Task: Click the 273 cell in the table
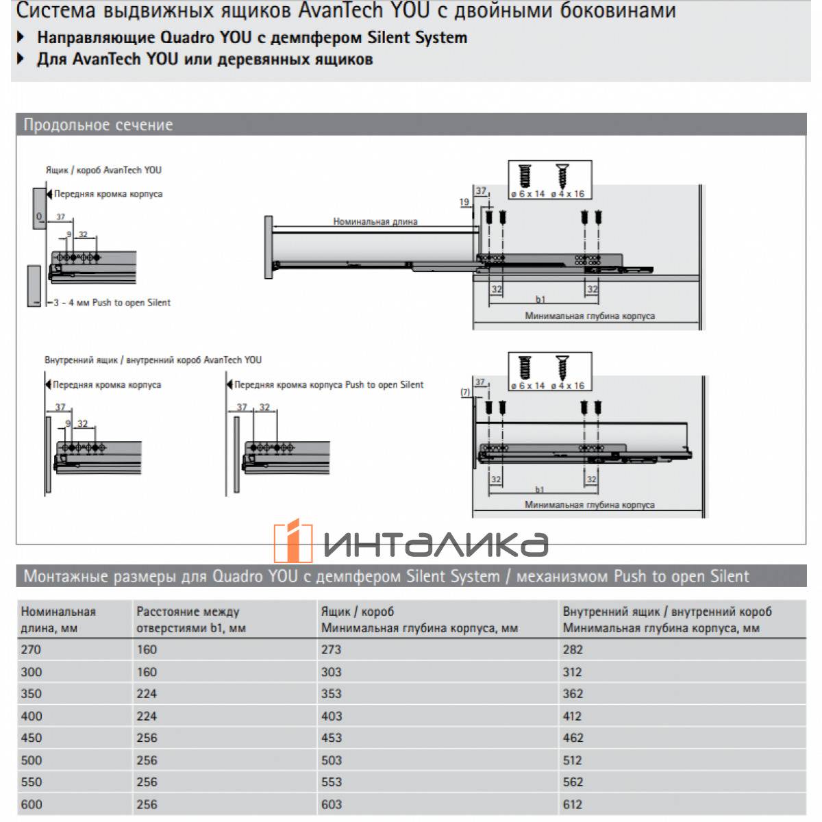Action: [331, 649]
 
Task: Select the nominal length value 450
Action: [32, 738]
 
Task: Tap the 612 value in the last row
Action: [573, 804]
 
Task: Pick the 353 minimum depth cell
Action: [331, 693]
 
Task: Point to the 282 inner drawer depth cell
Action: [573, 649]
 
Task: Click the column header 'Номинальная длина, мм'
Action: [58, 619]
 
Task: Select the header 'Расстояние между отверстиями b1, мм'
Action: [190, 619]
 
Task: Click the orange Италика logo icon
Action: [293, 541]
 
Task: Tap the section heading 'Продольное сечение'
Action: [98, 125]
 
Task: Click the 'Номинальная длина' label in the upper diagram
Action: [375, 221]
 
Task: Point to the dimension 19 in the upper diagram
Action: [464, 202]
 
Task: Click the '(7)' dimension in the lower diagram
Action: [465, 392]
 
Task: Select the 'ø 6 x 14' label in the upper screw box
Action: [527, 194]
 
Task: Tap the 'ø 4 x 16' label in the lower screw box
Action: [568, 386]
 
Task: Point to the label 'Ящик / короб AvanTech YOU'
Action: [103, 170]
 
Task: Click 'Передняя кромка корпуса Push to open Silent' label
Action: [328, 384]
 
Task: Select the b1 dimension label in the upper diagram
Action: [540, 299]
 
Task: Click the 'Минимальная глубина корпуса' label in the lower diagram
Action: [589, 505]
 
